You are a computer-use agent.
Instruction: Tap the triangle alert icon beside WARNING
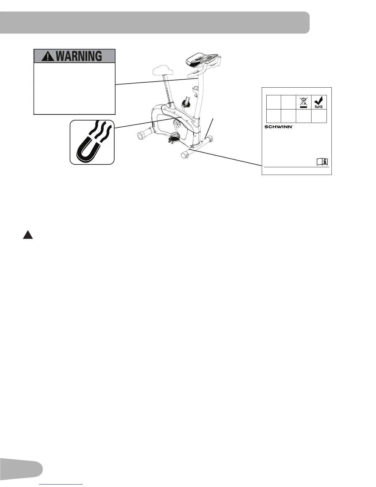point(47,56)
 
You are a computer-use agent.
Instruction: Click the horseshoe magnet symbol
point(92,142)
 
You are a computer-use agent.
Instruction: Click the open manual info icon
point(322,162)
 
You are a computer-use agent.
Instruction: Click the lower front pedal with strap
point(174,138)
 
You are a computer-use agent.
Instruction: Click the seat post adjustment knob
point(169,105)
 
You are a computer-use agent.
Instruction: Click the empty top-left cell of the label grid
point(273,102)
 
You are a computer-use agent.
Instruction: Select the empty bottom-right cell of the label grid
point(319,116)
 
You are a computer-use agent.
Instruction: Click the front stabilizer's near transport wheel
point(185,155)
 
